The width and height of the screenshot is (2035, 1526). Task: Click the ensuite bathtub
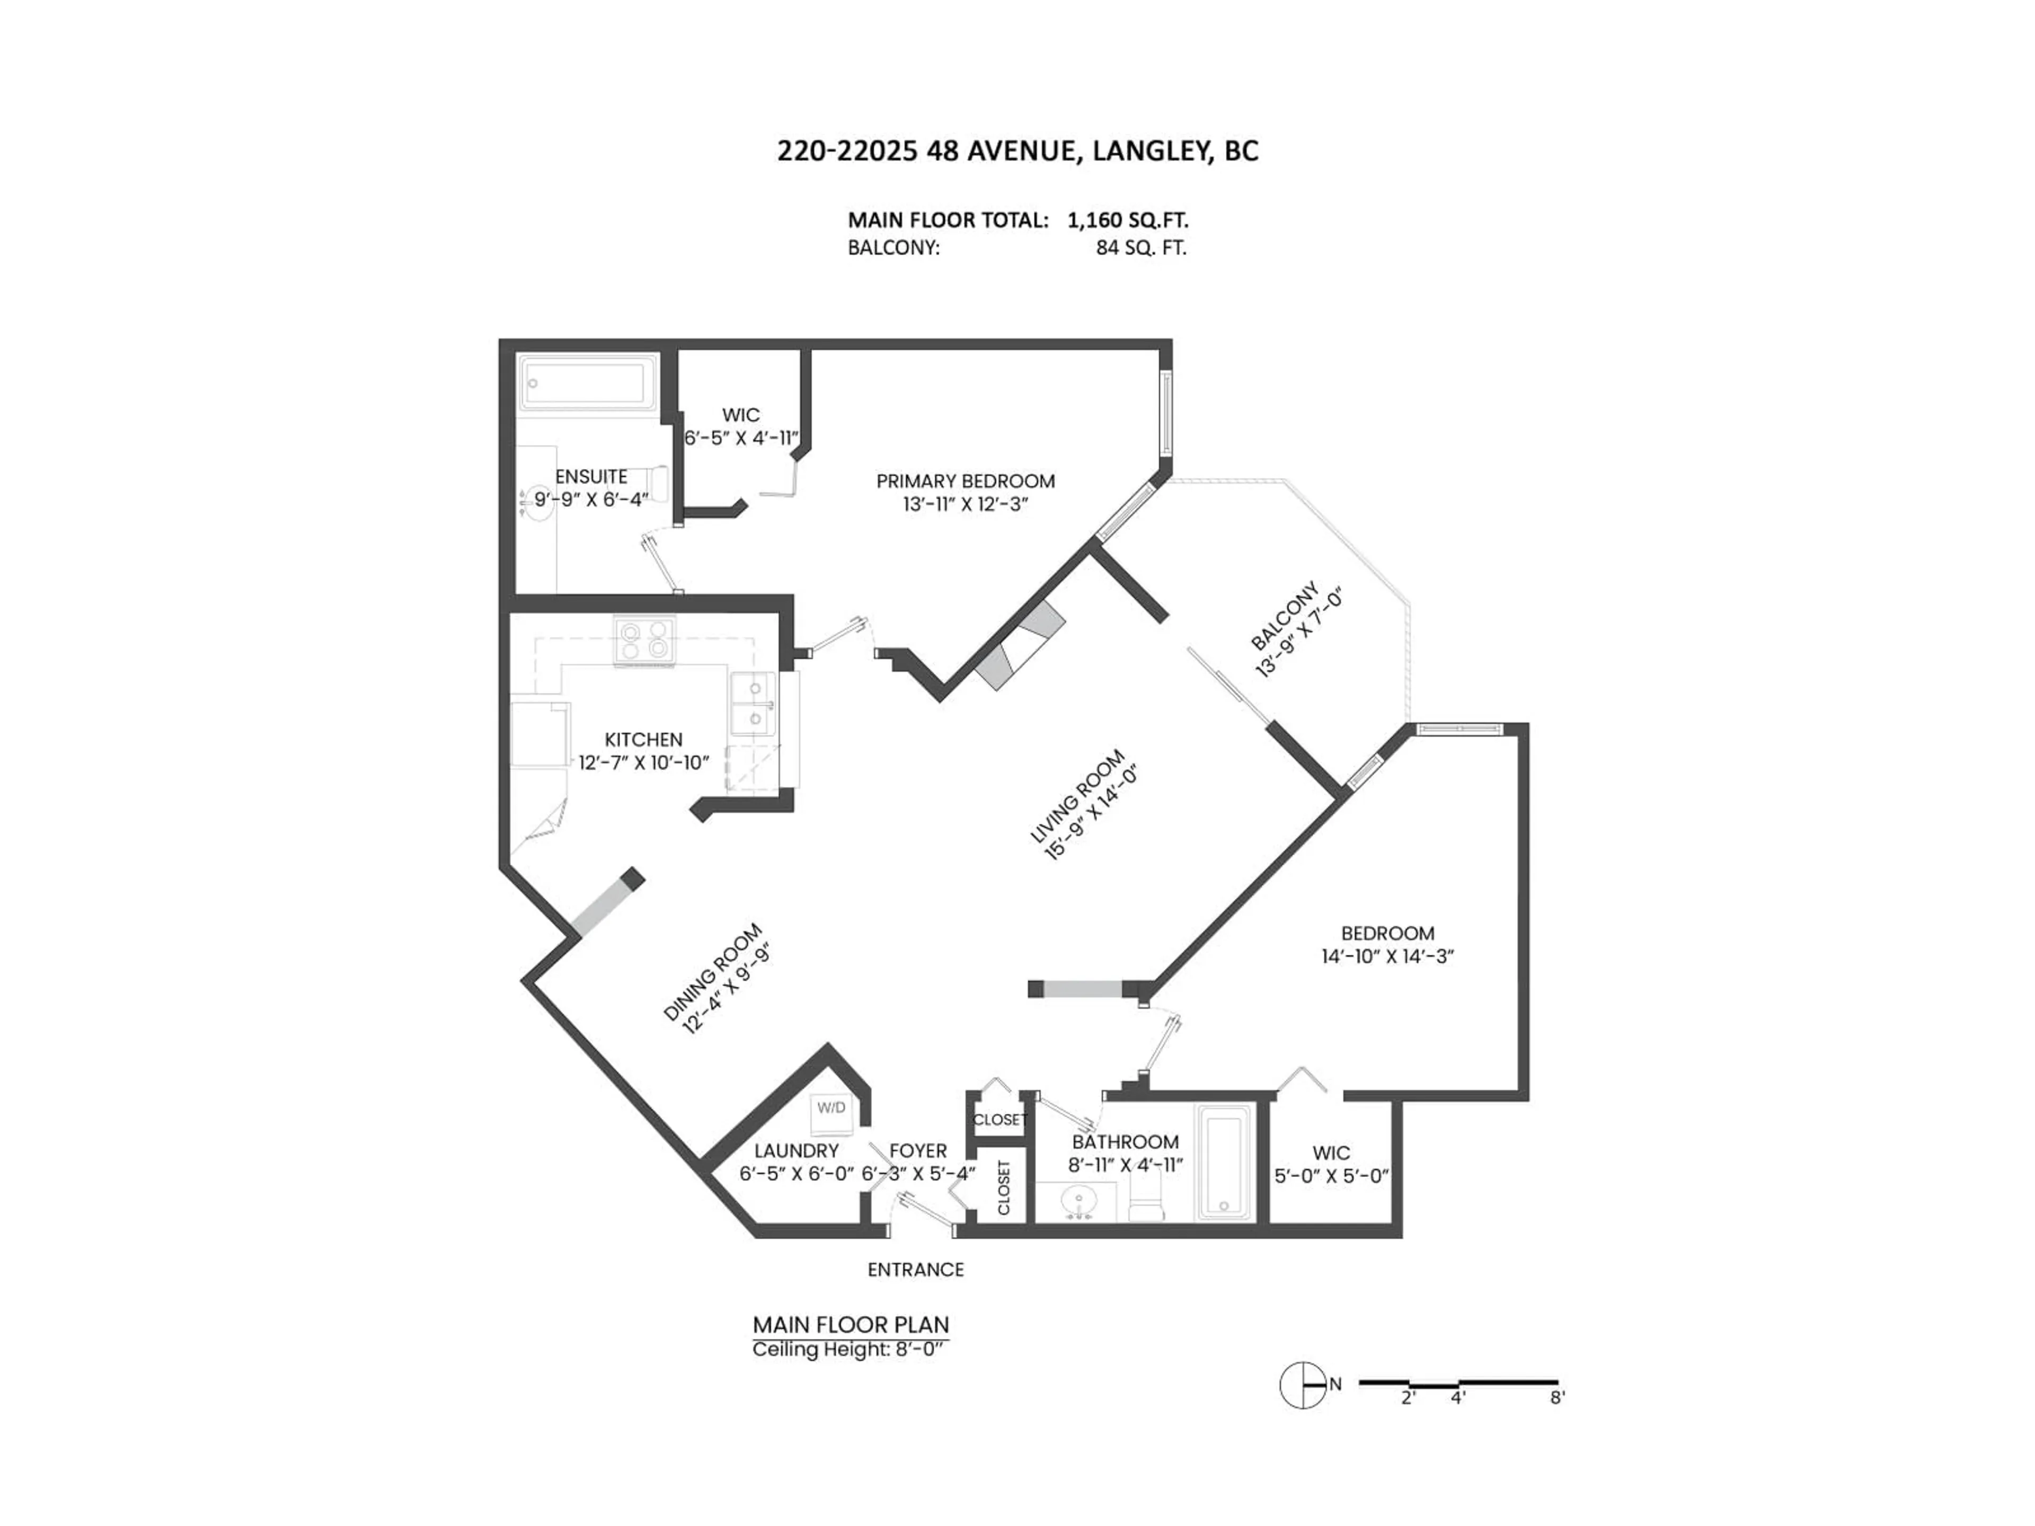[585, 385]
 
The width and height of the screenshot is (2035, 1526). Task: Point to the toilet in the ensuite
[657, 480]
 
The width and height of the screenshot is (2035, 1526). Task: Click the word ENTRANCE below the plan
[915, 1270]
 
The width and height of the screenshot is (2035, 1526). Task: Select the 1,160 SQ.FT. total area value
[1127, 220]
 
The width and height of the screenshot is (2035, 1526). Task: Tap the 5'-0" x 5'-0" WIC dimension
[1331, 1176]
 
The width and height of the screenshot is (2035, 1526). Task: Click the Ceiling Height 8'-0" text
[848, 1350]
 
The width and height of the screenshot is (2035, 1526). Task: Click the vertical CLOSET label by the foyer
[1004, 1186]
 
